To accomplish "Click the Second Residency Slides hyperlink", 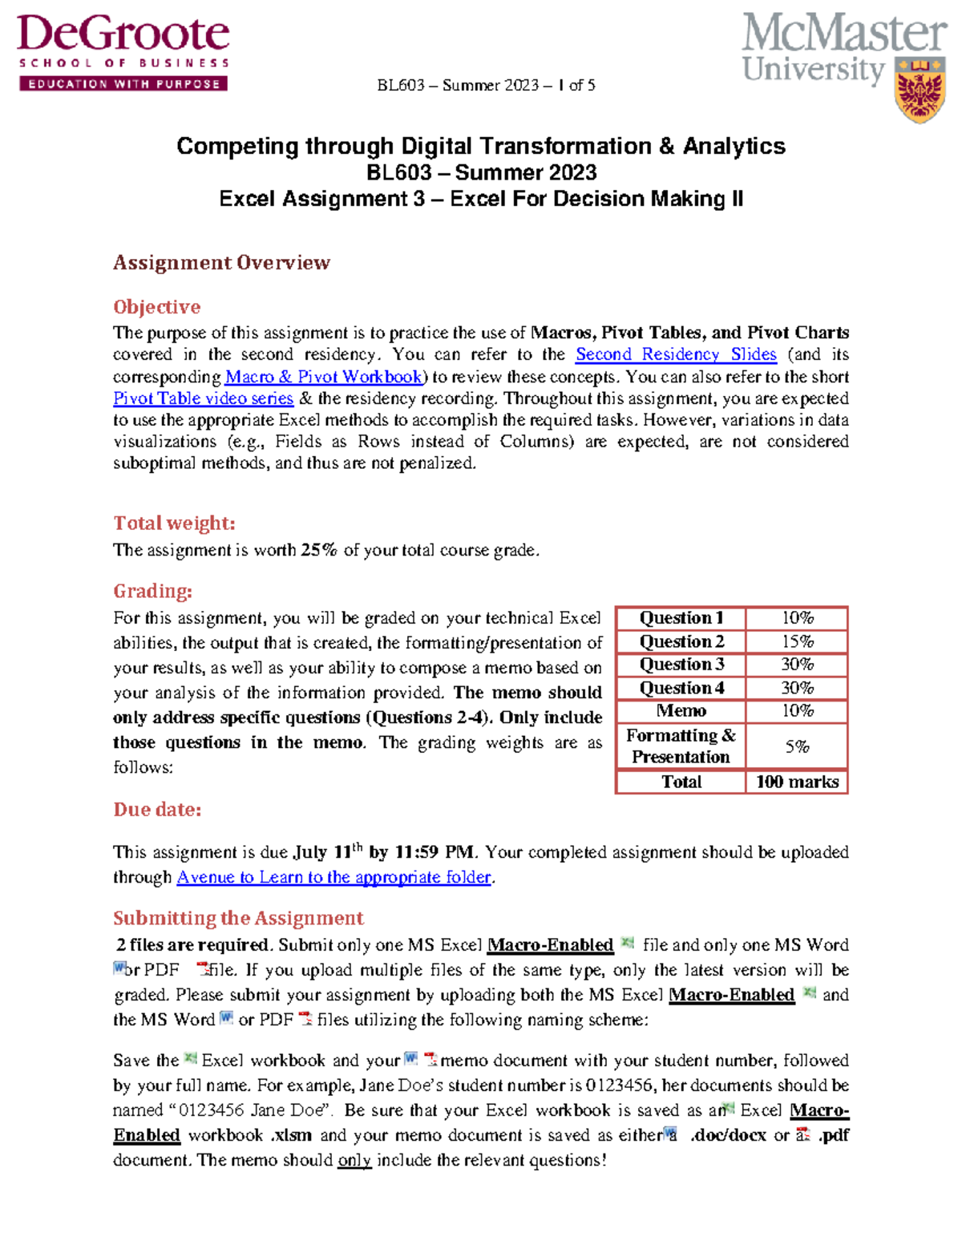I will [676, 354].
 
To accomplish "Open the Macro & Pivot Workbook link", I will [324, 377].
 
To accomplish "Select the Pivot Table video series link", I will [203, 398].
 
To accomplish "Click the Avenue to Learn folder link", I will [333, 877].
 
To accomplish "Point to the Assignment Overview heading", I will [221, 263].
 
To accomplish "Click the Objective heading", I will [156, 307].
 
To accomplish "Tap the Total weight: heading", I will [174, 523].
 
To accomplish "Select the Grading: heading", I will [152, 592].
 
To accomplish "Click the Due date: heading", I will [157, 810].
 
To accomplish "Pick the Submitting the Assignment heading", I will [238, 918].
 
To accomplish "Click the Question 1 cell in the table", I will [681, 618].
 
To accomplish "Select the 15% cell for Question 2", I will [797, 641].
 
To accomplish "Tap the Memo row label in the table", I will [681, 711].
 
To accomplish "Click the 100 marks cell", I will [797, 782].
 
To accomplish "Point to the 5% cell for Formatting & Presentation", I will [797, 746].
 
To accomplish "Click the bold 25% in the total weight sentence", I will [319, 550].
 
